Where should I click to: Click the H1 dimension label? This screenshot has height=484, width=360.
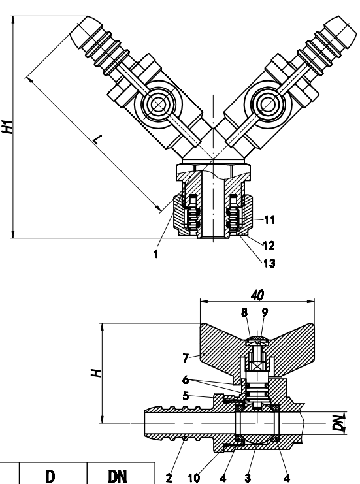click(x=8, y=127)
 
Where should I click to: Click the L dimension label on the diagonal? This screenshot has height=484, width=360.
click(x=97, y=140)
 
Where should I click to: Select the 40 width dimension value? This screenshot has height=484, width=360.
click(x=257, y=295)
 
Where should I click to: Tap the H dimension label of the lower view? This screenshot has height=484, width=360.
click(x=96, y=373)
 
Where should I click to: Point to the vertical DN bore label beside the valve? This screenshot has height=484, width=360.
click(x=340, y=423)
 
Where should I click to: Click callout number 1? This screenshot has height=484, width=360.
click(x=156, y=253)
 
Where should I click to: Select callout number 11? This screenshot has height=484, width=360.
click(x=269, y=219)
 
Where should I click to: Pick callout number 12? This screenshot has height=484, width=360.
click(x=269, y=246)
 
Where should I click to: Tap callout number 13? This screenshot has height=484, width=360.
click(x=269, y=263)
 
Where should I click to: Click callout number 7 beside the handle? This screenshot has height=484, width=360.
click(x=186, y=358)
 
